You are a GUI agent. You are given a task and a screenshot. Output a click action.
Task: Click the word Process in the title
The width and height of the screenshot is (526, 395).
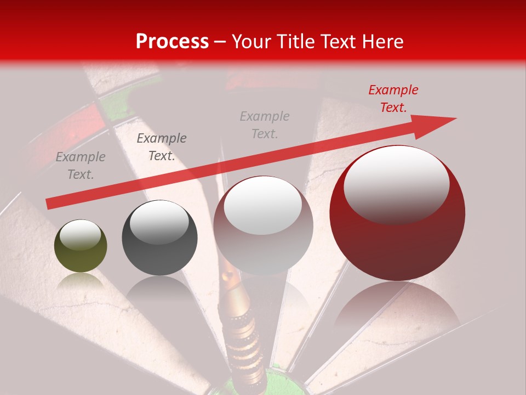point(172,42)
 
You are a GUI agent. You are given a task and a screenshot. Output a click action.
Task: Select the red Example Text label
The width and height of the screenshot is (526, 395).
point(393,99)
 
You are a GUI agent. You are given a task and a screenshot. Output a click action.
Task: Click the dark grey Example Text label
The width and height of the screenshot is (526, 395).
point(161,147)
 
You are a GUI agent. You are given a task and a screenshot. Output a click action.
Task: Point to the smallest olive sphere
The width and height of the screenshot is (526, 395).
point(81,246)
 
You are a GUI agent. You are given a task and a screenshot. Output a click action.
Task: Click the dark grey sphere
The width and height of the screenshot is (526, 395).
point(159,238)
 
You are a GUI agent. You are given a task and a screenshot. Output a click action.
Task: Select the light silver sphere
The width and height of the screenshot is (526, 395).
point(263,225)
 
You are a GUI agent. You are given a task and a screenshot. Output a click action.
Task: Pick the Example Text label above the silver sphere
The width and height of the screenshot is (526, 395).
point(265,125)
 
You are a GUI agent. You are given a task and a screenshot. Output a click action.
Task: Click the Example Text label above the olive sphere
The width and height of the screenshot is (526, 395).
point(81,166)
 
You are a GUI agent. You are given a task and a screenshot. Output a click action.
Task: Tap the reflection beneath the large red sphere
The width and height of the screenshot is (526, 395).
point(397,307)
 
